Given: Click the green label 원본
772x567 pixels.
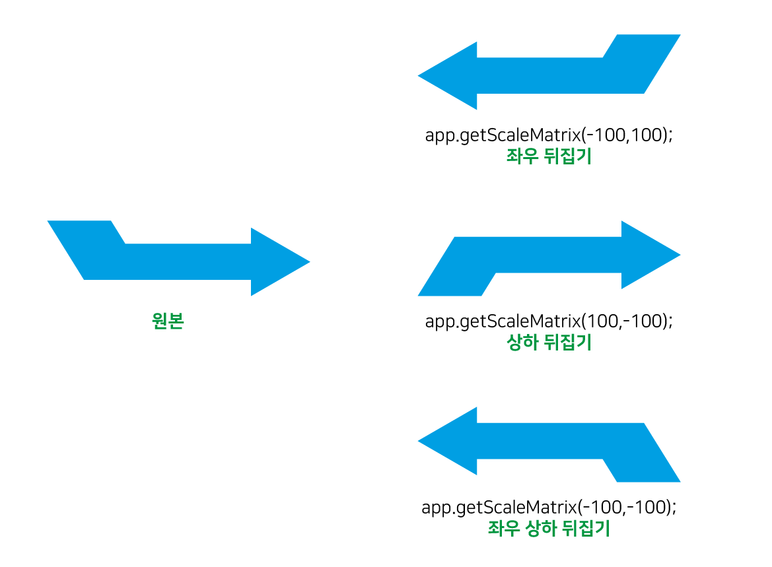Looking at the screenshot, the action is click(168, 321).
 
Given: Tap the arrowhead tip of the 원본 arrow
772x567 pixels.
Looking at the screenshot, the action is click(310, 262).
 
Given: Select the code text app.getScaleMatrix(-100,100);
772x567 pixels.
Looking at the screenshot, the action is click(549, 135).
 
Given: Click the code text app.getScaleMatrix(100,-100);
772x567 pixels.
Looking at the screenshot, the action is click(549, 321).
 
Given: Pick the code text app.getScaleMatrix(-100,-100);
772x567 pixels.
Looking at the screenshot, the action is click(549, 507).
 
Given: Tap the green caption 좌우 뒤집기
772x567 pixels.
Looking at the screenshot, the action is click(549, 156).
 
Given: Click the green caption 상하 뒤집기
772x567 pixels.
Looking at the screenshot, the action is click(549, 342).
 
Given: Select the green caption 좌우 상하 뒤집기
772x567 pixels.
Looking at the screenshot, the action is click(549, 528).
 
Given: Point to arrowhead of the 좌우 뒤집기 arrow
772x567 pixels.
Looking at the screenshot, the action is click(447, 76).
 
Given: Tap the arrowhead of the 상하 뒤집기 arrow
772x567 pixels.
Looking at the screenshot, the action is click(651, 255).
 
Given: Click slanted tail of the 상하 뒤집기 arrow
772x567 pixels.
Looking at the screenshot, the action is click(456, 267).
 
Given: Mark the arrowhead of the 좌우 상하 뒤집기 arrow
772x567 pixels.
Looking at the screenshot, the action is click(447, 441).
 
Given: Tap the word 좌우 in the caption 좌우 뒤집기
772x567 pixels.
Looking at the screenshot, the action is click(521, 156).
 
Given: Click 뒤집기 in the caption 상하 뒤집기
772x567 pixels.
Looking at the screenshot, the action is click(568, 342).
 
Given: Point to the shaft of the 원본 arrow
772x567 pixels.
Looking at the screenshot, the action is click(188, 262).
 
